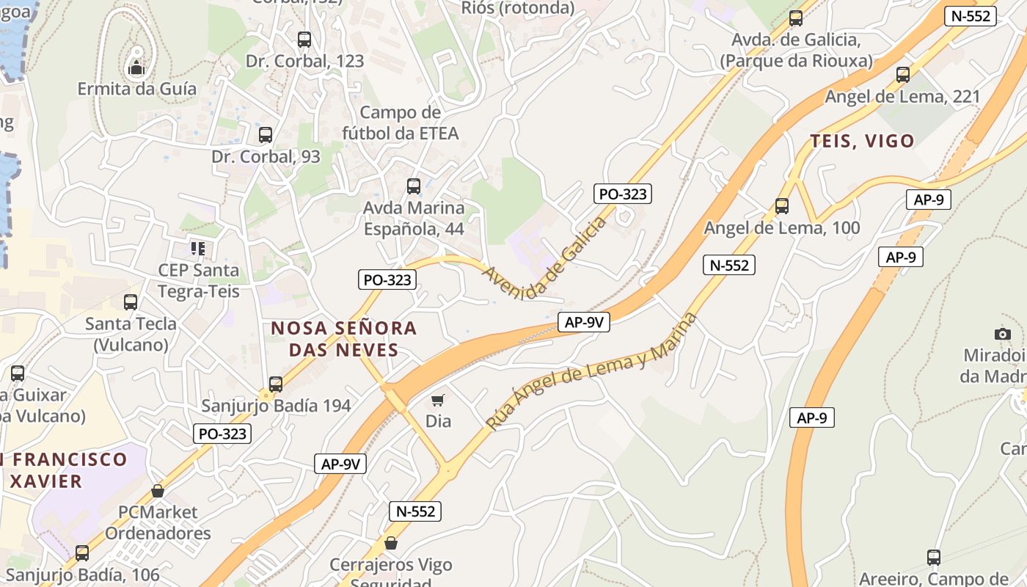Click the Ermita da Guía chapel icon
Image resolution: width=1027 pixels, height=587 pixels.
click(136, 69)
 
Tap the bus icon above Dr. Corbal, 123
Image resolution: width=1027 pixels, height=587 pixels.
click(304, 40)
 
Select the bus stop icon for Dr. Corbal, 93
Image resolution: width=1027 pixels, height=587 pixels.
click(266, 135)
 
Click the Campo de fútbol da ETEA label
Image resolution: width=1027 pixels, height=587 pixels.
click(401, 123)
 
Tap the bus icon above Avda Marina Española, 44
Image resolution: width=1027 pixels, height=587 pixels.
click(414, 186)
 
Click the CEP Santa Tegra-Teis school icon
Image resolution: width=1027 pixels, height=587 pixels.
click(198, 249)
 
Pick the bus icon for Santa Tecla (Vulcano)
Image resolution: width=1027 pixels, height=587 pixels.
click(131, 302)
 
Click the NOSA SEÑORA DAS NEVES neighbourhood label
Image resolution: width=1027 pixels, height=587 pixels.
click(344, 338)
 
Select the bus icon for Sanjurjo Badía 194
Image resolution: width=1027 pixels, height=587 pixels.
click(276, 384)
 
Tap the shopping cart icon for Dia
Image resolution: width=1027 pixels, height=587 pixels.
click(438, 400)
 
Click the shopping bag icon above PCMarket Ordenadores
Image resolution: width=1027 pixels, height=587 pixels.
click(158, 490)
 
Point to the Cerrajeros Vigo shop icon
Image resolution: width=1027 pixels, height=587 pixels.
click(391, 544)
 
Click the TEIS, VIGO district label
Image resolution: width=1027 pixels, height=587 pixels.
click(862, 141)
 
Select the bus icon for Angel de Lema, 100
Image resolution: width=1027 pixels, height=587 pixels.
click(782, 206)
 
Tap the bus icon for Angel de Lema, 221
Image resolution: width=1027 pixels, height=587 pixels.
click(903, 74)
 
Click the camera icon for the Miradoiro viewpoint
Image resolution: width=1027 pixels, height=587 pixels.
click(1003, 334)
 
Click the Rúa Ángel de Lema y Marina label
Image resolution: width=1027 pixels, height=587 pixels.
click(591, 371)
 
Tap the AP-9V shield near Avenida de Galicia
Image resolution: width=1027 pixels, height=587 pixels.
click(584, 321)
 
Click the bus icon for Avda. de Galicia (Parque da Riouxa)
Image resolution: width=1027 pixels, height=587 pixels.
click(796, 18)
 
